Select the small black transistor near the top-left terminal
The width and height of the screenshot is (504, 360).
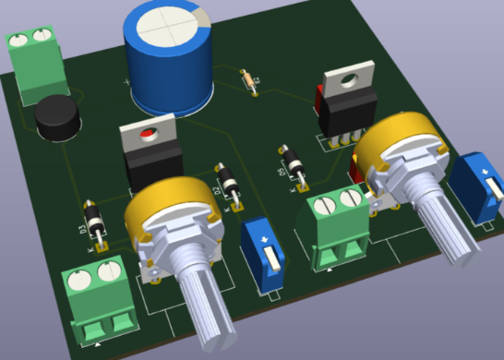[57, 117]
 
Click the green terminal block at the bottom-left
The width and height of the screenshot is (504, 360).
[98, 300]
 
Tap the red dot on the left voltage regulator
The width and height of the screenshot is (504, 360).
[144, 138]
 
